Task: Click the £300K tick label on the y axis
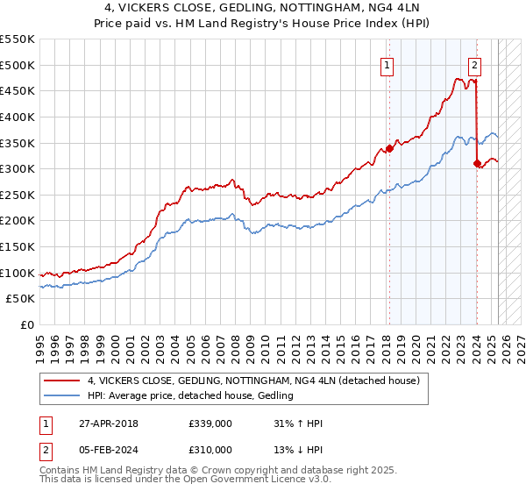click(18, 168)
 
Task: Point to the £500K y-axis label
click(18, 65)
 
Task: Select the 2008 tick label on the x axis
click(235, 342)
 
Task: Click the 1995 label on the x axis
click(40, 342)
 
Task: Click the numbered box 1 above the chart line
click(387, 64)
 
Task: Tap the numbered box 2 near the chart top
click(474, 64)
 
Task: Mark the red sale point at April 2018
click(389, 148)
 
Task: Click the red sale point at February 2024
click(476, 163)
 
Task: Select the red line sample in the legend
click(62, 381)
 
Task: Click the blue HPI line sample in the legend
click(62, 396)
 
